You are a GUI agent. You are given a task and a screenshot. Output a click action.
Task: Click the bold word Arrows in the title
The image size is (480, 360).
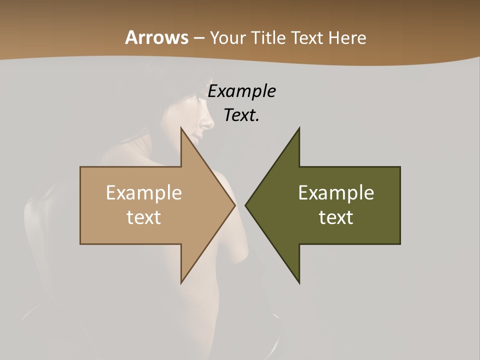tap(156, 37)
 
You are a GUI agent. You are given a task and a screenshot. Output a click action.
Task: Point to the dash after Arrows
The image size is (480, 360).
tap(199, 38)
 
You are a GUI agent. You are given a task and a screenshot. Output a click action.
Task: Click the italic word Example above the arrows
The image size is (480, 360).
tap(241, 92)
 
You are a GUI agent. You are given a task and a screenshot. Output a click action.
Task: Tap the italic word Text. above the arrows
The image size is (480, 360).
tap(241, 115)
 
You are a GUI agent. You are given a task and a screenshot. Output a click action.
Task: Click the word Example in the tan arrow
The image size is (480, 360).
tap(143, 193)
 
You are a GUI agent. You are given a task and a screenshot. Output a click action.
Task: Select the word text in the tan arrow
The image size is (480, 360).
tap(143, 217)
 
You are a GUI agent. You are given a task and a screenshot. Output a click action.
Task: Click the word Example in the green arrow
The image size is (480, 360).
tap(336, 193)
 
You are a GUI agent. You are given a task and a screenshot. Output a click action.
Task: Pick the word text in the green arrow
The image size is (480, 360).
tap(336, 217)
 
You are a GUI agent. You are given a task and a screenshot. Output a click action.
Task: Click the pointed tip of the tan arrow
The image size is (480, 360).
tap(234, 205)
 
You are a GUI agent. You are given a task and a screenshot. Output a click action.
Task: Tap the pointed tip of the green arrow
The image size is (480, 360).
tap(246, 205)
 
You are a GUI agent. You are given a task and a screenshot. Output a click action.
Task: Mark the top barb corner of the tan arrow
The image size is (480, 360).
tap(181, 128)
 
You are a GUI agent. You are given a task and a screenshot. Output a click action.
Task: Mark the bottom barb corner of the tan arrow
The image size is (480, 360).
tap(181, 282)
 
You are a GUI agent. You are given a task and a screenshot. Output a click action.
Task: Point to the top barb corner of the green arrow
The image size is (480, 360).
tap(299, 128)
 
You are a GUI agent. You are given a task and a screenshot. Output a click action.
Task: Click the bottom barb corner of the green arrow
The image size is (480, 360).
tap(299, 282)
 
